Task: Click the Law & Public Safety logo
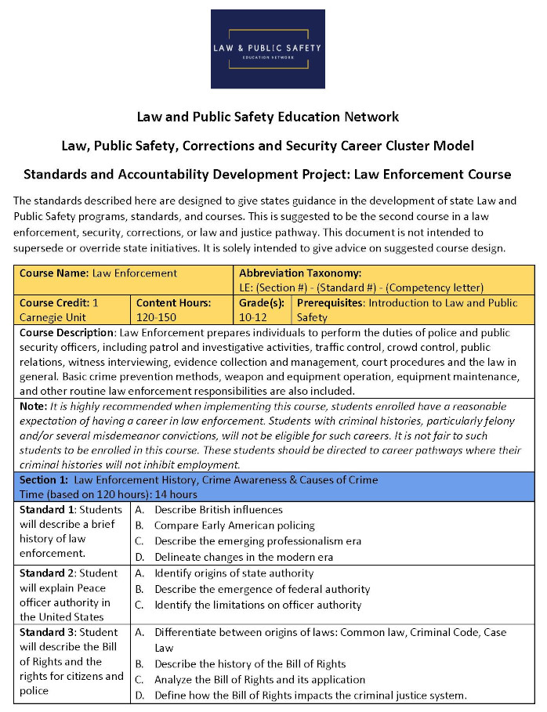point(267,49)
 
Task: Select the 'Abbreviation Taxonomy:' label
point(299,273)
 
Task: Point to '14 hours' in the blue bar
point(179,494)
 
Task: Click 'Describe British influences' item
point(218,509)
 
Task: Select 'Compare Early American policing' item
point(234,526)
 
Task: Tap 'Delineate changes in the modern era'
point(244,557)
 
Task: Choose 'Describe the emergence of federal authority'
point(262,589)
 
